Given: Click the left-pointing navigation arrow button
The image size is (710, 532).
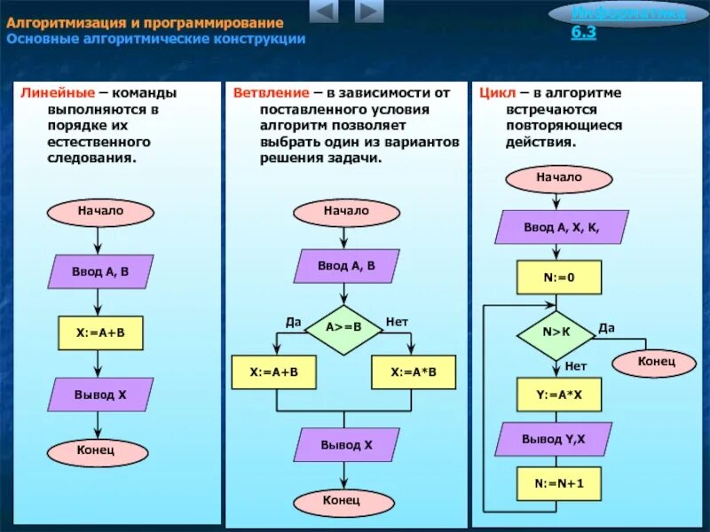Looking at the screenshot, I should [x=325, y=12].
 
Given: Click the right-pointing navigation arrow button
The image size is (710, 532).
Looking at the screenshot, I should [x=368, y=12].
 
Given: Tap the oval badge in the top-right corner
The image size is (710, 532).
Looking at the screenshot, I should [x=628, y=14].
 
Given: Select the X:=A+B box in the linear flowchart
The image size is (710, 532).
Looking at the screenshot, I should [x=100, y=332].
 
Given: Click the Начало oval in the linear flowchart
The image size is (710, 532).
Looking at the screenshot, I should [x=100, y=212].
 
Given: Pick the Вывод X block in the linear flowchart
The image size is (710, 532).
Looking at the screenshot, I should [x=100, y=395].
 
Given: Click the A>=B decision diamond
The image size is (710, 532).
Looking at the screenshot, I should [x=343, y=328].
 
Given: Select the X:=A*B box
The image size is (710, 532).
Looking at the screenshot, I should [x=413, y=372].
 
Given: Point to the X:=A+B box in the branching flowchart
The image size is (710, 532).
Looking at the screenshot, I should [x=273, y=372].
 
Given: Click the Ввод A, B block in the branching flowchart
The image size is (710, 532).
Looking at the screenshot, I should [x=346, y=266].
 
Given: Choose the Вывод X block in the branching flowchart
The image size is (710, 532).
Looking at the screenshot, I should [x=346, y=445].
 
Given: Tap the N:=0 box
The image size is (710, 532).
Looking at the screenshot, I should [x=559, y=278].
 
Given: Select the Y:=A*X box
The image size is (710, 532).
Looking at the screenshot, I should [x=559, y=395].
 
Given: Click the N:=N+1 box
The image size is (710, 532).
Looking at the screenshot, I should [x=559, y=484].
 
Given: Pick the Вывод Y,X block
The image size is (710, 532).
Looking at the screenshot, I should [x=554, y=439].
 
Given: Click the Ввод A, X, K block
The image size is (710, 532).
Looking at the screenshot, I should [x=561, y=227].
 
